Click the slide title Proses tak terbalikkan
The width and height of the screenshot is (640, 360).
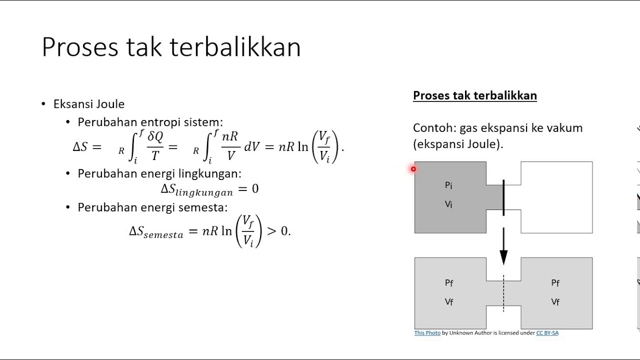click(171, 47)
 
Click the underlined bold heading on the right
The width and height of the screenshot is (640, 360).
click(474, 95)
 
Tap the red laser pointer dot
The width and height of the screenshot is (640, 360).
click(413, 169)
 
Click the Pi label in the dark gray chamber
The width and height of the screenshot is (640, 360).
click(448, 185)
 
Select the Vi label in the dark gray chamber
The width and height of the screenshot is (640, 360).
click(448, 204)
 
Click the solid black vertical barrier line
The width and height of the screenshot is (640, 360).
click(503, 197)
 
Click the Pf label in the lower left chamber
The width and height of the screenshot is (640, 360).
click(449, 283)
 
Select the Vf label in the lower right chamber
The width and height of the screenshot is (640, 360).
click(555, 302)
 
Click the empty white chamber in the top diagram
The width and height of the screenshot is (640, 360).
click(556, 197)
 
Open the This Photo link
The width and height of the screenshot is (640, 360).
click(427, 333)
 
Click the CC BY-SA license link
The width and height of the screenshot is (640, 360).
click(547, 333)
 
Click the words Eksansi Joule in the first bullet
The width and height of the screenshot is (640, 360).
click(89, 104)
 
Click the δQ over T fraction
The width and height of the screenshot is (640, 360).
click(155, 146)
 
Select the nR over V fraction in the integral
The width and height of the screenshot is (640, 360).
click(230, 146)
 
